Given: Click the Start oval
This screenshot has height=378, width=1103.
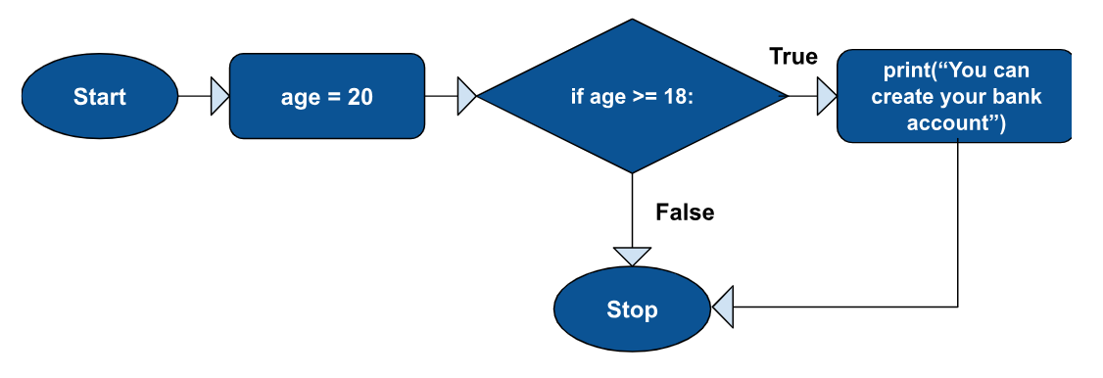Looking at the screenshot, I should (x=100, y=97).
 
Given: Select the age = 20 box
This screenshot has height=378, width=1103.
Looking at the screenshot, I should (x=327, y=97).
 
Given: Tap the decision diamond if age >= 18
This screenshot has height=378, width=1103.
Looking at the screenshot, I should (x=632, y=97).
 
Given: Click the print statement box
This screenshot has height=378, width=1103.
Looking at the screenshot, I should (x=954, y=97).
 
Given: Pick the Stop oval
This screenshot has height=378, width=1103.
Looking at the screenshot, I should (x=632, y=310).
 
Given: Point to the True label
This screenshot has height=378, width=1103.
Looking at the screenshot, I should (x=793, y=57).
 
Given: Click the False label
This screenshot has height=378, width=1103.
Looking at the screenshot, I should (x=685, y=212).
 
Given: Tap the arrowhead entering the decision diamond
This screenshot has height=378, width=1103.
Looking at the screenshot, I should (x=467, y=97).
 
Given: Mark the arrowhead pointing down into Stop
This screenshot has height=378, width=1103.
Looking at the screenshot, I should (x=632, y=256).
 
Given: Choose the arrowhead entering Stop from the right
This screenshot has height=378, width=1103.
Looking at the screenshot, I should (x=723, y=309).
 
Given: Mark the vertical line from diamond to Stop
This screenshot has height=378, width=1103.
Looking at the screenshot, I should (x=632, y=211).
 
